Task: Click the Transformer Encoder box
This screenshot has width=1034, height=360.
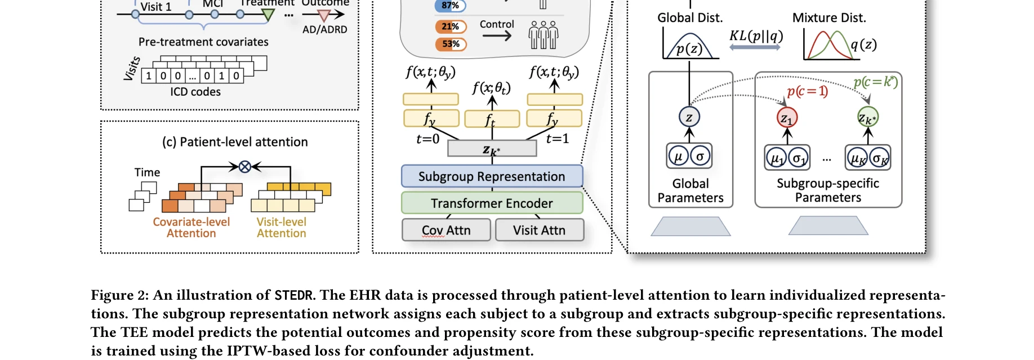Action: [x=492, y=203]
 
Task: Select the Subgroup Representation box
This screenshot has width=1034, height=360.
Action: [x=492, y=176]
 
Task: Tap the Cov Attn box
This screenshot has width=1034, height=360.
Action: [x=446, y=230]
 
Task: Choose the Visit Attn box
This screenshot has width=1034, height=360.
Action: [x=539, y=230]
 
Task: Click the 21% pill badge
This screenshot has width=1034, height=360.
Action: [x=451, y=26]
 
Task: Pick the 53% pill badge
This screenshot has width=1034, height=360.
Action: [x=451, y=44]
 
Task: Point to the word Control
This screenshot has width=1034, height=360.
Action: [x=497, y=24]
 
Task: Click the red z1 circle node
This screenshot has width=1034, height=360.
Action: [x=787, y=118]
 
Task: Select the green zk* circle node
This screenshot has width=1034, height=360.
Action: [x=867, y=117]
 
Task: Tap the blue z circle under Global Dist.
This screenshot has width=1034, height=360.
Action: [x=689, y=117]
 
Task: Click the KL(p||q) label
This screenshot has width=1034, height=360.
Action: [x=756, y=36]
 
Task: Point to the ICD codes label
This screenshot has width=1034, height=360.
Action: [x=195, y=92]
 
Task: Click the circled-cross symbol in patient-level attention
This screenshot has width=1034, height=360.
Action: [x=244, y=166]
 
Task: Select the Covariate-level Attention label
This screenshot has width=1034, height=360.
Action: [x=191, y=228]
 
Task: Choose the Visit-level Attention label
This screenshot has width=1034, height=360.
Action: [x=282, y=228]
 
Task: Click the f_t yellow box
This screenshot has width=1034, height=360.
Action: [x=492, y=119]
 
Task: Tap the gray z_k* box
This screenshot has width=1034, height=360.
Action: [x=492, y=149]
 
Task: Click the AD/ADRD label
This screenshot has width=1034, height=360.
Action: [x=324, y=30]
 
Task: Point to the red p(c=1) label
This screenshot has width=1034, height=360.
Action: [x=808, y=91]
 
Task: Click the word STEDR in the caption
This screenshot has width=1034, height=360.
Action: [x=293, y=295]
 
